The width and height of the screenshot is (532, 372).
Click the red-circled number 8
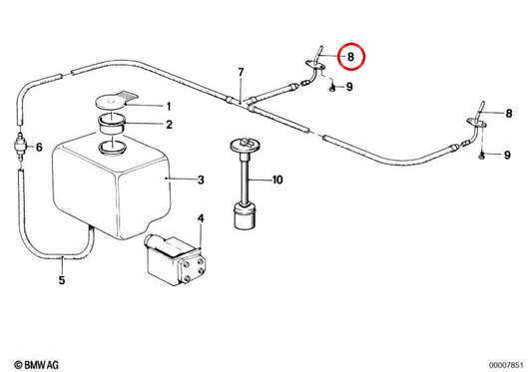click(350, 57)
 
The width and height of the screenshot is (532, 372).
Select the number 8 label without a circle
click(509, 114)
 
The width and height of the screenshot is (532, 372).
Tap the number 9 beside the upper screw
click(349, 87)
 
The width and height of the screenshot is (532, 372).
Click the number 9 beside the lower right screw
click(507, 155)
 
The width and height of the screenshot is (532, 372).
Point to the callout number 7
click(241, 73)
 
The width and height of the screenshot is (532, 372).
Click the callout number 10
click(277, 180)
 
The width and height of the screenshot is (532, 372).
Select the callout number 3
click(201, 180)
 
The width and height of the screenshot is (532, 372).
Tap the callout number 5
click(62, 280)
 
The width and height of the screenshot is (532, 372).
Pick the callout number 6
click(39, 148)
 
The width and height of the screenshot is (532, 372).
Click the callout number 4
click(201, 218)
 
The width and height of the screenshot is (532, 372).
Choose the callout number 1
click(169, 107)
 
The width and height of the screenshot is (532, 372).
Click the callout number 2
click(169, 125)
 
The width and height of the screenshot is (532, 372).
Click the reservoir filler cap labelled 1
click(116, 100)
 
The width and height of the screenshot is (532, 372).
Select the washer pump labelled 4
click(176, 259)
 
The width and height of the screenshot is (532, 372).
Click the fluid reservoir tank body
click(111, 186)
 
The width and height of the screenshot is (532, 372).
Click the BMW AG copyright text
click(37, 365)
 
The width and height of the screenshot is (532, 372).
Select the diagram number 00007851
click(506, 365)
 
